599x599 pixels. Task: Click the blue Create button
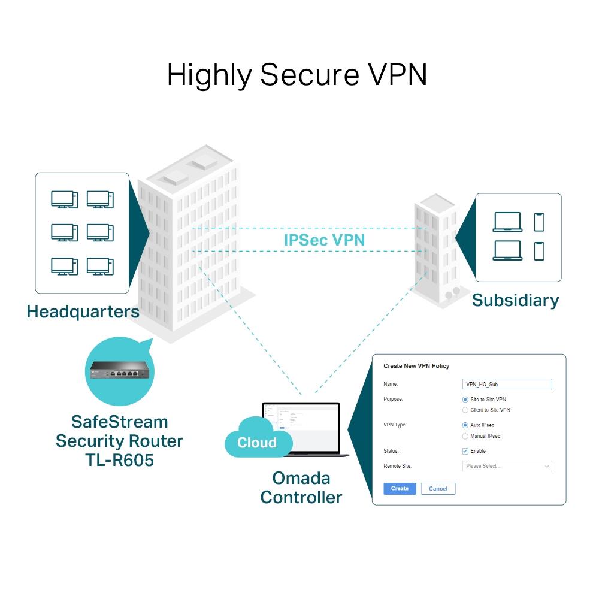click(400, 488)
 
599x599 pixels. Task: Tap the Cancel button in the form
click(438, 488)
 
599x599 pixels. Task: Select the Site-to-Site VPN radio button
click(465, 399)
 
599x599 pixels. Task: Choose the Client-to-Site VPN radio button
click(465, 410)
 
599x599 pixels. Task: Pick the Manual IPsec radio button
click(465, 436)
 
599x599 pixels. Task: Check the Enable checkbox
click(465, 451)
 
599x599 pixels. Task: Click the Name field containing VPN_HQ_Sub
click(507, 384)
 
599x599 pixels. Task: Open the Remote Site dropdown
click(507, 466)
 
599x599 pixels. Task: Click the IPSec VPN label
click(324, 240)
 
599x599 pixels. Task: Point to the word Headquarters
click(83, 311)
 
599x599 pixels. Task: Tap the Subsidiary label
click(515, 300)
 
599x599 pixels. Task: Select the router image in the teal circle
click(119, 371)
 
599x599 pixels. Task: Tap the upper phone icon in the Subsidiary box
click(539, 222)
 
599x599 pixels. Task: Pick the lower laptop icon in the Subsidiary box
click(507, 250)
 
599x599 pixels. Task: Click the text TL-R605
click(119, 460)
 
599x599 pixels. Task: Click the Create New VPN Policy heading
click(416, 366)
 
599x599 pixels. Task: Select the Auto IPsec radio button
click(465, 425)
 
